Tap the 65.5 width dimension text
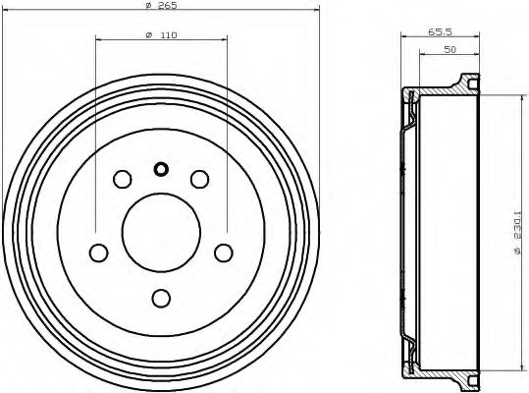(x=438, y=32)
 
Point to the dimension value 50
(x=449, y=48)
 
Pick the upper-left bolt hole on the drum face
(x=123, y=179)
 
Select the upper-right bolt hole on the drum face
(x=199, y=179)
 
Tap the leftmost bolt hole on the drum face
(x=98, y=253)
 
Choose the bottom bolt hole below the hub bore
(x=161, y=298)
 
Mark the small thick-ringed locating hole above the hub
(x=161, y=168)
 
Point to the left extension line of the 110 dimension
(x=96, y=128)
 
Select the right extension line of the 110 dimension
(x=226, y=128)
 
